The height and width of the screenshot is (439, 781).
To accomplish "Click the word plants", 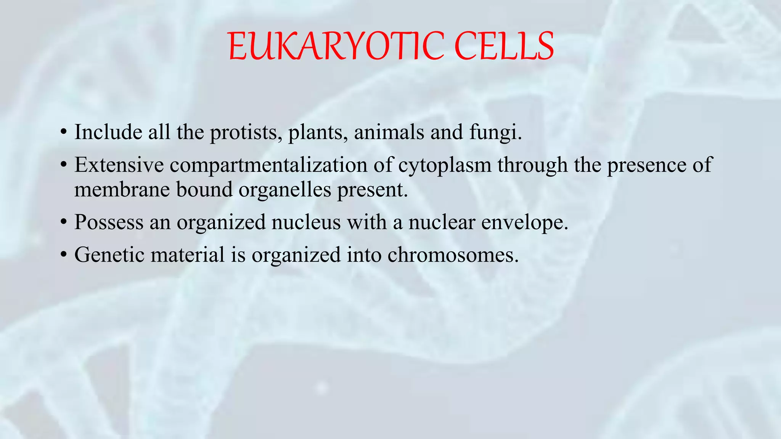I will tap(318, 133).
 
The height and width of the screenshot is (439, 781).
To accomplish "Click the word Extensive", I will tap(119, 165).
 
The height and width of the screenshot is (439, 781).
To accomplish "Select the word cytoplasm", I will tap(445, 165).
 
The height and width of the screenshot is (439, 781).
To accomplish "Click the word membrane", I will tap(122, 189).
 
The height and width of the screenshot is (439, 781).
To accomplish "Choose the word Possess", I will tap(109, 222).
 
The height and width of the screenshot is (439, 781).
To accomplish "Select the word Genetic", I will tap(109, 255).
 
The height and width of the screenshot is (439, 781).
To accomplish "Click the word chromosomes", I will tap(453, 255).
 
